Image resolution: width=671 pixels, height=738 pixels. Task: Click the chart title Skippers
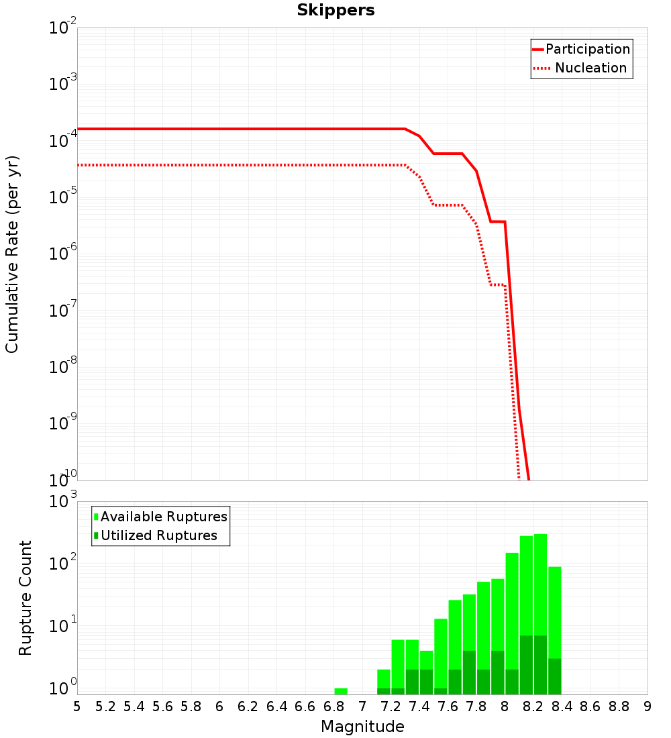335,10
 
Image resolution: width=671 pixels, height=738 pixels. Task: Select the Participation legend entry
582,49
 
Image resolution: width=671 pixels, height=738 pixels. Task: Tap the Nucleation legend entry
580,68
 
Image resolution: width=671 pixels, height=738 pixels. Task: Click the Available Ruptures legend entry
160,517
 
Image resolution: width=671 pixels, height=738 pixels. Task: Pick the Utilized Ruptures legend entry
156,535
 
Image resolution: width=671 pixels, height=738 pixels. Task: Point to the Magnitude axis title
362,727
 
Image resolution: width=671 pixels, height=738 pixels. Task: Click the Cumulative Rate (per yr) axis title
12,254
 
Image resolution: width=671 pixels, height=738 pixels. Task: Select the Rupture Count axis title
25,598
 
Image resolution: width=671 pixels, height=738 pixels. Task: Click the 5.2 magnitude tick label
105,706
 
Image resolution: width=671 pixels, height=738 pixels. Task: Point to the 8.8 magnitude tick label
619,706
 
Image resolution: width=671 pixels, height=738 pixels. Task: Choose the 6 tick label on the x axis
219,706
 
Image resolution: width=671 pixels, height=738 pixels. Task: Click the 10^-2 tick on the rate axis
62,26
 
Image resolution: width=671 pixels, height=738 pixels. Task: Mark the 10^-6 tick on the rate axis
62,253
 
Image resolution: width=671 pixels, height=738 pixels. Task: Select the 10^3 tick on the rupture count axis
62,500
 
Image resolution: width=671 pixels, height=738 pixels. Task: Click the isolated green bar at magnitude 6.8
341,692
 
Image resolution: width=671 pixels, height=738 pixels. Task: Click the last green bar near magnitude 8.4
555,631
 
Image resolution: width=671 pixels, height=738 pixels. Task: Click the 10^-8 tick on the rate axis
62,366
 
